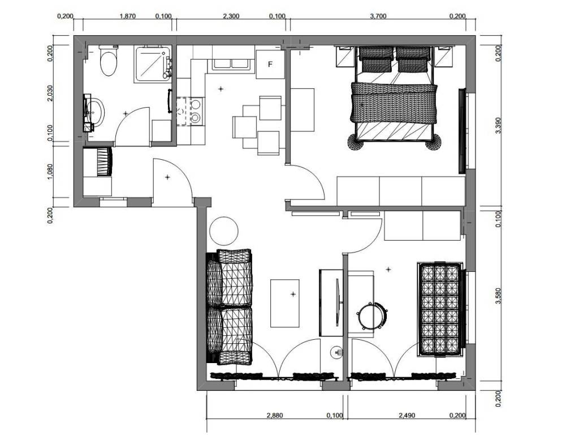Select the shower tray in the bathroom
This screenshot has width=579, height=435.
point(153,63)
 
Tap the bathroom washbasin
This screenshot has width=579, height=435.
point(95,112)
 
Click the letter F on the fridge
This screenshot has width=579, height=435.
point(270,65)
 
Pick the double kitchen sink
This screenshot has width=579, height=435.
point(231,63)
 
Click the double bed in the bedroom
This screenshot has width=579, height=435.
point(394,98)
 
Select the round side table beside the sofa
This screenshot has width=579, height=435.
point(224,231)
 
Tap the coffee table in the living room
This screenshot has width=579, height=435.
point(285,304)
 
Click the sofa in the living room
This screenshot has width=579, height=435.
point(230,306)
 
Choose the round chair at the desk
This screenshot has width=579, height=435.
point(372,315)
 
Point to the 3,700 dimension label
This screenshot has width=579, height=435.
point(378,16)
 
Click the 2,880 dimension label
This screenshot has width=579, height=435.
point(275,415)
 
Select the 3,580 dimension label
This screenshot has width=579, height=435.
point(499,296)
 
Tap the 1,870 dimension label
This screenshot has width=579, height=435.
point(128,16)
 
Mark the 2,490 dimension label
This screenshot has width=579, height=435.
point(407,415)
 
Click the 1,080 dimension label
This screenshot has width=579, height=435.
point(50,172)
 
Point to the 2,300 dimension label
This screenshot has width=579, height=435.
point(231,16)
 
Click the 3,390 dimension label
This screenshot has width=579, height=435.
point(499,125)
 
